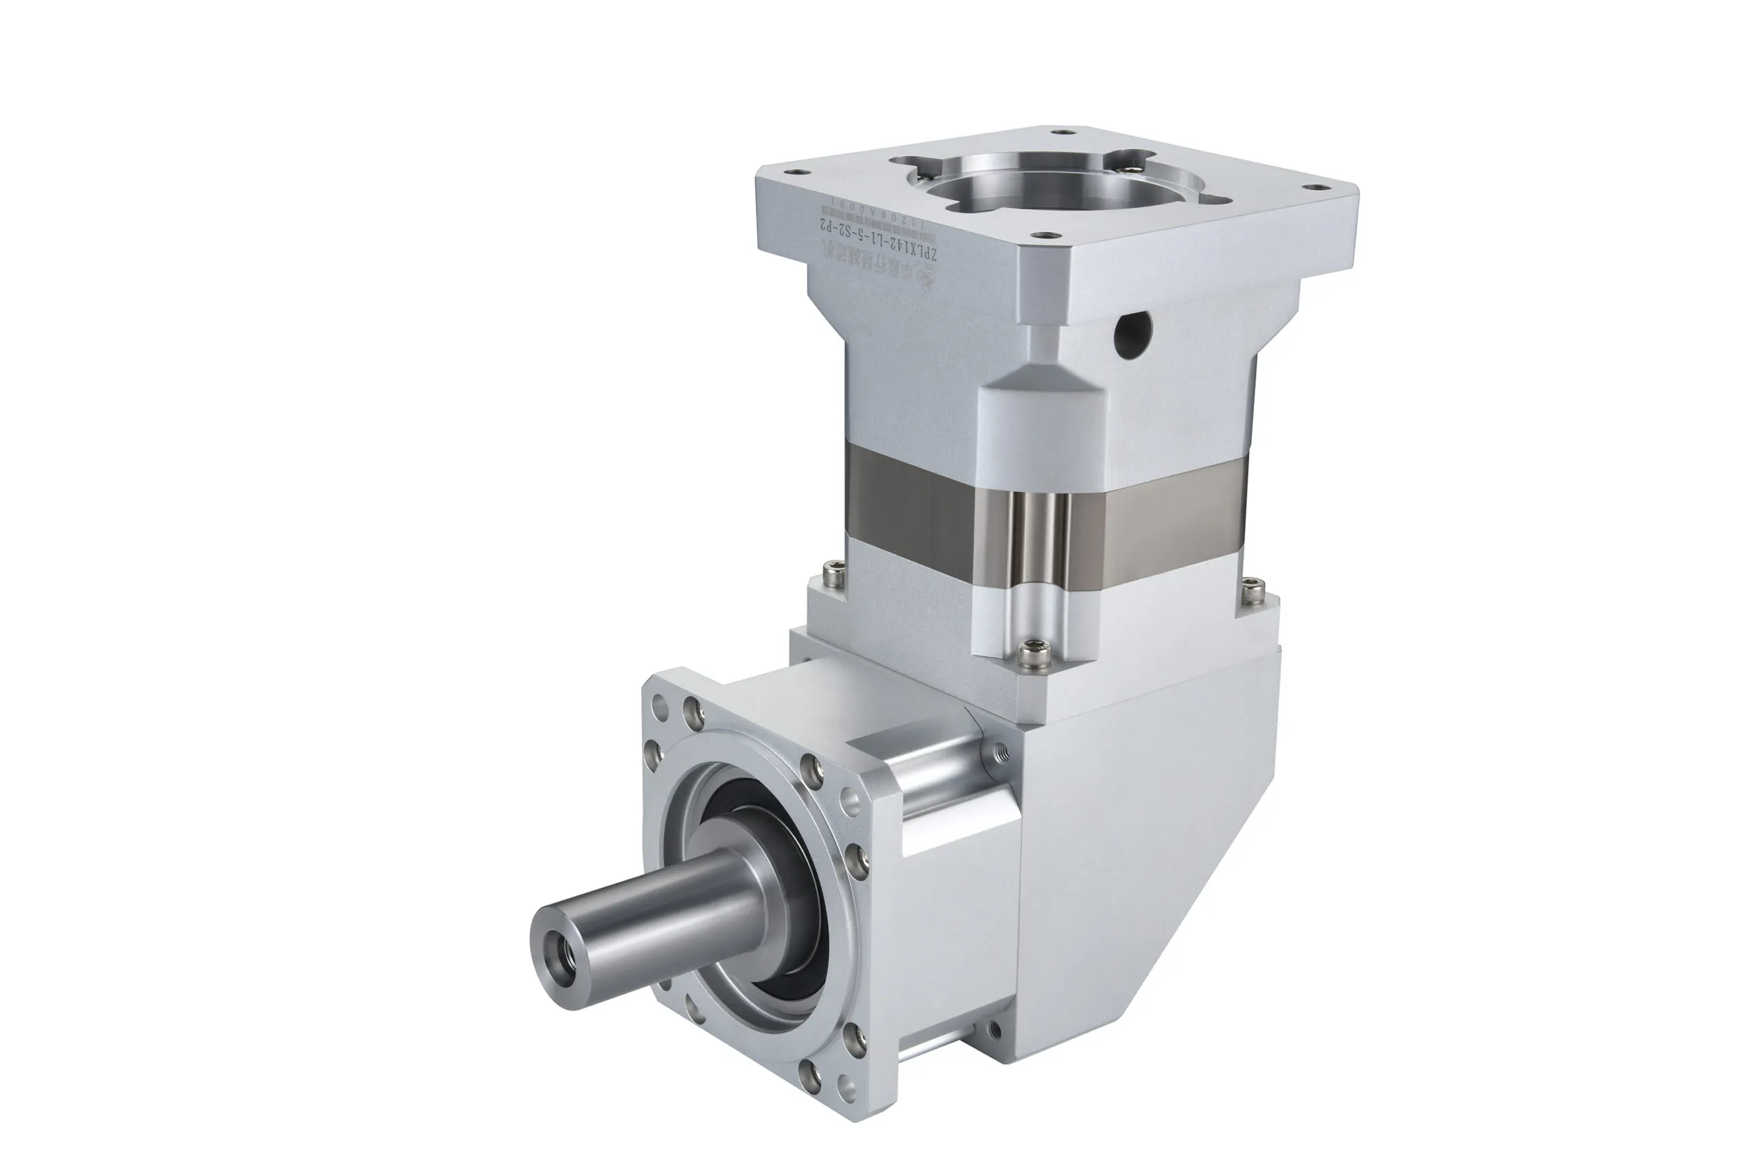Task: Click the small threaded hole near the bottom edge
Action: [x=993, y=1030]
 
